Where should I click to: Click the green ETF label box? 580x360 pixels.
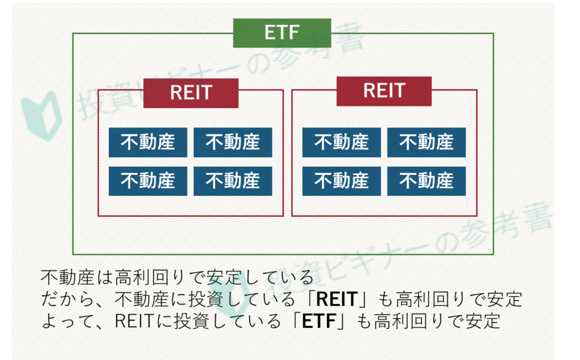tap(282, 33)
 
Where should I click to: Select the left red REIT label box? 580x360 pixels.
tap(191, 93)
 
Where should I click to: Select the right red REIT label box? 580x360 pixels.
tap(384, 91)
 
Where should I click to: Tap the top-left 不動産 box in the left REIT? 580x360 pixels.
tap(148, 142)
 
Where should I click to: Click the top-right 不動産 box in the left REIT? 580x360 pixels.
tap(233, 142)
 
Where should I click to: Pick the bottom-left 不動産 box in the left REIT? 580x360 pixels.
tap(148, 181)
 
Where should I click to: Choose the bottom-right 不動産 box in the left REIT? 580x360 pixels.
tap(233, 181)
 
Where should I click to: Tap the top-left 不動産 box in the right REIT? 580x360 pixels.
tap(342, 142)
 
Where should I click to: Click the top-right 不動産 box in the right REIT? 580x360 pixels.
tap(427, 142)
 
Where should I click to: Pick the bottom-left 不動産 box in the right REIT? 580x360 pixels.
tap(342, 181)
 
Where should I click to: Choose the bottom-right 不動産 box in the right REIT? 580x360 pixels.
tap(427, 181)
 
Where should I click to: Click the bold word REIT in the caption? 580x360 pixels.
tap(338, 299)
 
